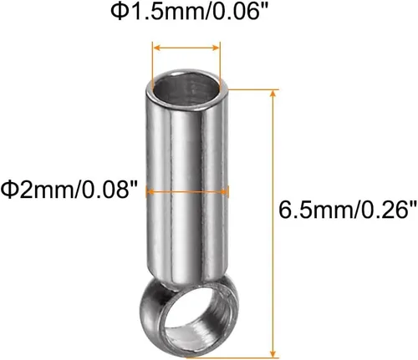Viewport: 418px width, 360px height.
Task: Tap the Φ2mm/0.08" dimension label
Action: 69,190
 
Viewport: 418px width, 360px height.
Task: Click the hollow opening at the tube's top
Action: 186,89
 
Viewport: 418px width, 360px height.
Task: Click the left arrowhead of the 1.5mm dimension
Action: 157,48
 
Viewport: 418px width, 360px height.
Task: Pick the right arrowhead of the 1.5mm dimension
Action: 216,48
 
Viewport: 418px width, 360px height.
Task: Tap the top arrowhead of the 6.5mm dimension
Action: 273,94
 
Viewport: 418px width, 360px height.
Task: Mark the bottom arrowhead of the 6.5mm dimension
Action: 273,352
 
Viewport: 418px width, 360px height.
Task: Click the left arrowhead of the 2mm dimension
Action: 150,192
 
